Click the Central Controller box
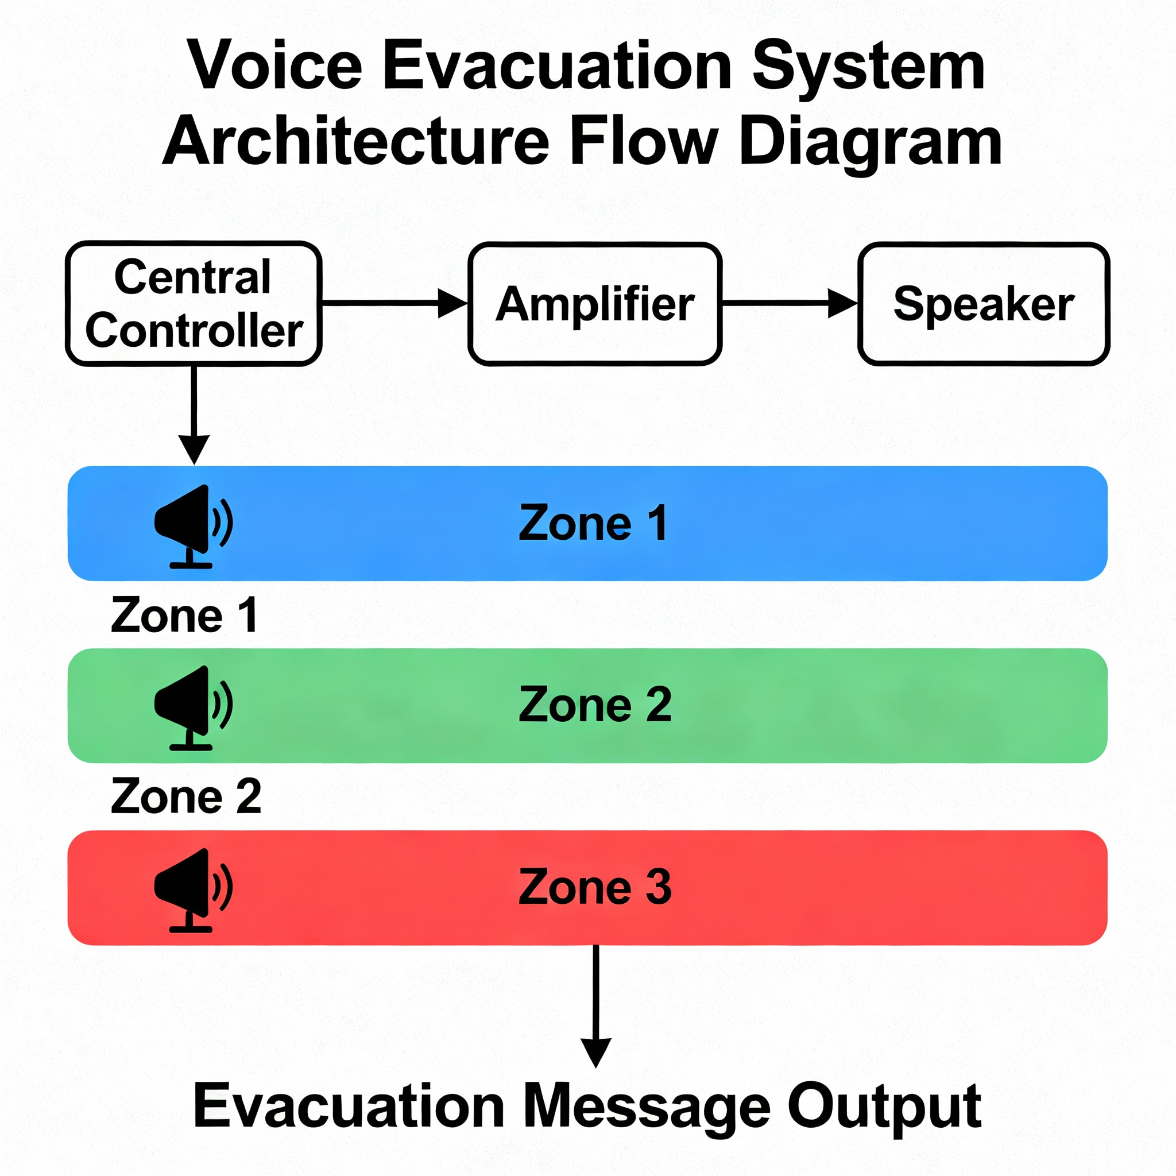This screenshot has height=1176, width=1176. point(194,304)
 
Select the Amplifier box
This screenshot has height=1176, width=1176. point(595,304)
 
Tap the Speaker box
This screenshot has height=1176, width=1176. point(983,304)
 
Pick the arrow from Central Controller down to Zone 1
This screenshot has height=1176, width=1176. point(194,414)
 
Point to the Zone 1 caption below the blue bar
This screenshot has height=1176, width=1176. point(184,616)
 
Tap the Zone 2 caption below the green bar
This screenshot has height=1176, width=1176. point(186,796)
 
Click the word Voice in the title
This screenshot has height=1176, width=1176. point(275,65)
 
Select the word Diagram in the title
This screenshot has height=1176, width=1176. point(871,141)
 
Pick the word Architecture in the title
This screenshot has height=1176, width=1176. point(357,141)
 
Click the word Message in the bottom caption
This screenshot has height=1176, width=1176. point(647,1106)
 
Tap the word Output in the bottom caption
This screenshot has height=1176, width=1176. point(884,1106)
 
